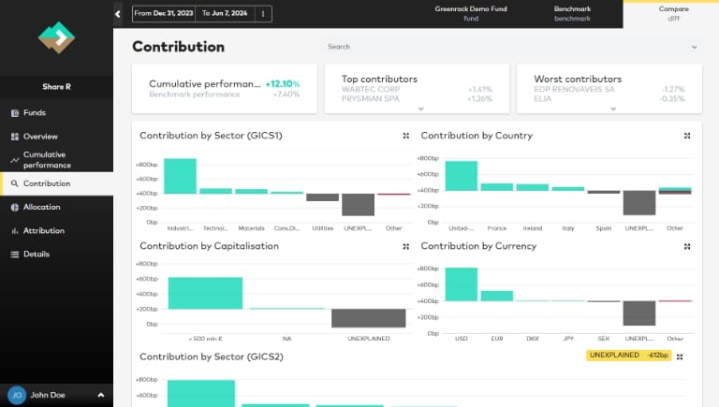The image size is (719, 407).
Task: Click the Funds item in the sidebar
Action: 34,113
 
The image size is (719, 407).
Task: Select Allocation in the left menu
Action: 41,207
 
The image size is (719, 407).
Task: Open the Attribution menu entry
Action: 43,230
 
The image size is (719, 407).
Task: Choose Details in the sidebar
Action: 36,254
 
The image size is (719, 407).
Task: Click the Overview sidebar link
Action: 39,137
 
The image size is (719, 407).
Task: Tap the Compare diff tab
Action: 673,13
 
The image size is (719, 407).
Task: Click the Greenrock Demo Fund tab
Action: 471,13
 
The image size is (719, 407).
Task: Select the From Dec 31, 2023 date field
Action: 164,14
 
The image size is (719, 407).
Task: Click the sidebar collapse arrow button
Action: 118,14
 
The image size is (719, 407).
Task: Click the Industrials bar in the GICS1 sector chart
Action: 180,176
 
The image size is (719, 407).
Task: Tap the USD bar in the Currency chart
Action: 462,284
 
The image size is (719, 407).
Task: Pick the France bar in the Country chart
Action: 497,186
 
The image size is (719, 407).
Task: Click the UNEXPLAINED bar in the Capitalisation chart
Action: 369,318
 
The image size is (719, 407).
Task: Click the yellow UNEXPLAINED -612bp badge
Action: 627,356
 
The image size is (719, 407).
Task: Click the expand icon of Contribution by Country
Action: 687,136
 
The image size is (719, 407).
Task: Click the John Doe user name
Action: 49,396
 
